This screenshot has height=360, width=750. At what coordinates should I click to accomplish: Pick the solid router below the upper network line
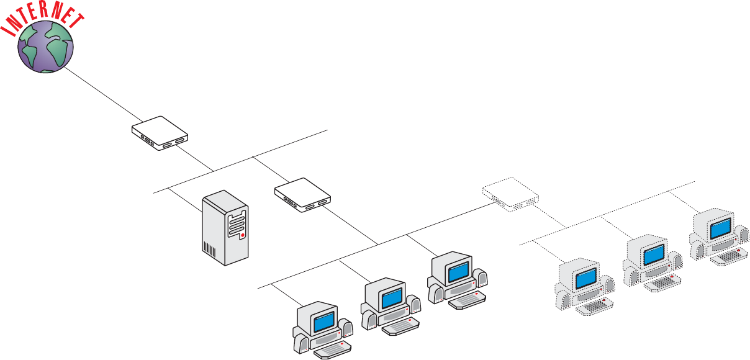click(x=303, y=195)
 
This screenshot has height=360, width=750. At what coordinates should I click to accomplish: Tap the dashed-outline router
click(x=510, y=193)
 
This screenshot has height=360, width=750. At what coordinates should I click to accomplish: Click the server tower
click(x=225, y=229)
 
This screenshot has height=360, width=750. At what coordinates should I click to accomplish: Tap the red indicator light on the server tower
click(x=243, y=236)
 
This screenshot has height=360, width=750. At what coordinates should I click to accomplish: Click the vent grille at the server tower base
click(x=210, y=251)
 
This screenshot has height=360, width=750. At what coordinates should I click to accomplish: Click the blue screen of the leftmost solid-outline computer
click(x=323, y=322)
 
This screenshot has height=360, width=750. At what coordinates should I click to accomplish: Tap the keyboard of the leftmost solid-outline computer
click(x=333, y=350)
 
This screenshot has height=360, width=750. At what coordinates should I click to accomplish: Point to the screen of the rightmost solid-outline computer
click(x=458, y=271)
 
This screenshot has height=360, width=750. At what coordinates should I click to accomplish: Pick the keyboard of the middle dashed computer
click(x=663, y=282)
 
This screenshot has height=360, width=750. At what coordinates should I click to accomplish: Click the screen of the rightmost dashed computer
click(x=720, y=229)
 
